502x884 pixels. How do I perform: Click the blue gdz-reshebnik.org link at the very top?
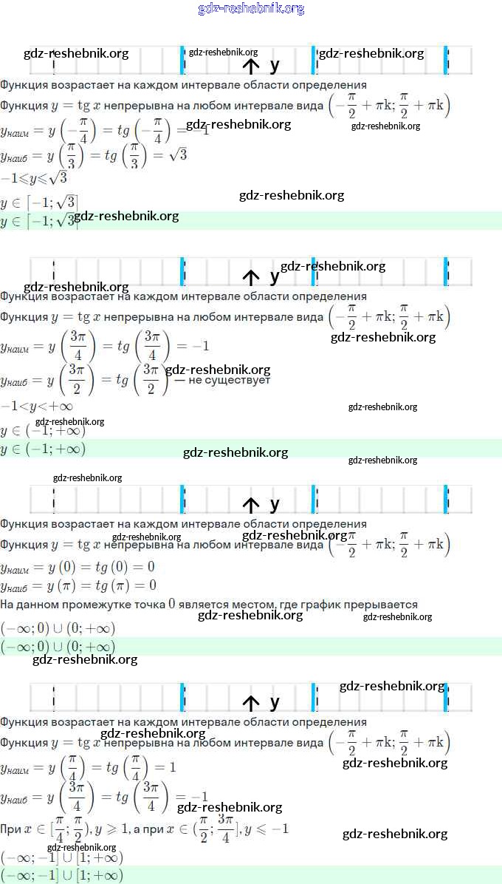[x=251, y=9]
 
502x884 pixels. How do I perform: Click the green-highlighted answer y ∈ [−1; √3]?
[x=39, y=220]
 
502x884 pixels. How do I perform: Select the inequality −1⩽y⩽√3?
[x=34, y=179]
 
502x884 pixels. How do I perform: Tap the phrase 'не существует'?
[x=230, y=380]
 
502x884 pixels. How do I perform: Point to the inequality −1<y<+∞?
[x=37, y=407]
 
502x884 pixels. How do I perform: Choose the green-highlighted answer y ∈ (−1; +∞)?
[x=43, y=449]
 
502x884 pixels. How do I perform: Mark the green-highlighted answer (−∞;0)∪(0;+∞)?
[x=58, y=647]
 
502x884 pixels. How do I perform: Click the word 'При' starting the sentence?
[x=10, y=829]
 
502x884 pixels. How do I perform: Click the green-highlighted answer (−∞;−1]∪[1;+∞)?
[x=62, y=876]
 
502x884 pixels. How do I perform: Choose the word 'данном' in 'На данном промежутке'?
[x=36, y=605]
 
